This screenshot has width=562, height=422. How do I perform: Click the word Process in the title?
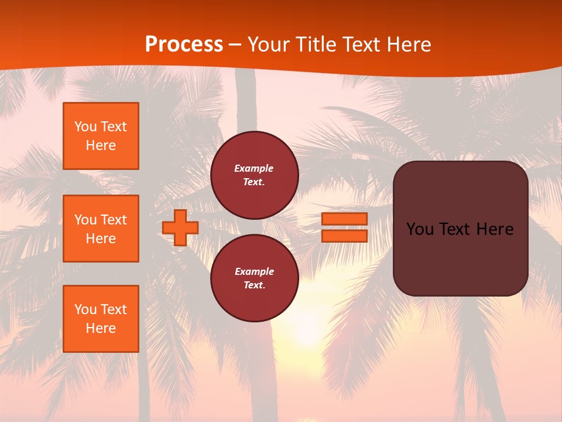pyautogui.click(x=184, y=45)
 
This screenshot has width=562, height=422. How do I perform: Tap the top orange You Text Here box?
pyautogui.click(x=101, y=136)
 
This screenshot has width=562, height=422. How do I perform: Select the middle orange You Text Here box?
pyautogui.click(x=101, y=229)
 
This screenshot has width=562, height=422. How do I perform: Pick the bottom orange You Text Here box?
pyautogui.click(x=101, y=319)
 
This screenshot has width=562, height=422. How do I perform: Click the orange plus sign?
pyautogui.click(x=180, y=228)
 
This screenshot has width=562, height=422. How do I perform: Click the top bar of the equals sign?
pyautogui.click(x=344, y=219)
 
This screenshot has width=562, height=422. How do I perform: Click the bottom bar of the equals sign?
pyautogui.click(x=344, y=236)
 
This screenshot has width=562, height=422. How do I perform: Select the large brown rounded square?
pyautogui.click(x=460, y=258)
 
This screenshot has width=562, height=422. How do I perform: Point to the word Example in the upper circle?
pyautogui.click(x=253, y=168)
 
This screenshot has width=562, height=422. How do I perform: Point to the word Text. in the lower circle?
pyautogui.click(x=255, y=285)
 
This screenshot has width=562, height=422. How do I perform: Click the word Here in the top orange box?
pyautogui.click(x=101, y=145)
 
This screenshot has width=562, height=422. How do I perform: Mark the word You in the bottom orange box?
pyautogui.click(x=85, y=309)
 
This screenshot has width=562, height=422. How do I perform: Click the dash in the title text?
pyautogui.click(x=235, y=45)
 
